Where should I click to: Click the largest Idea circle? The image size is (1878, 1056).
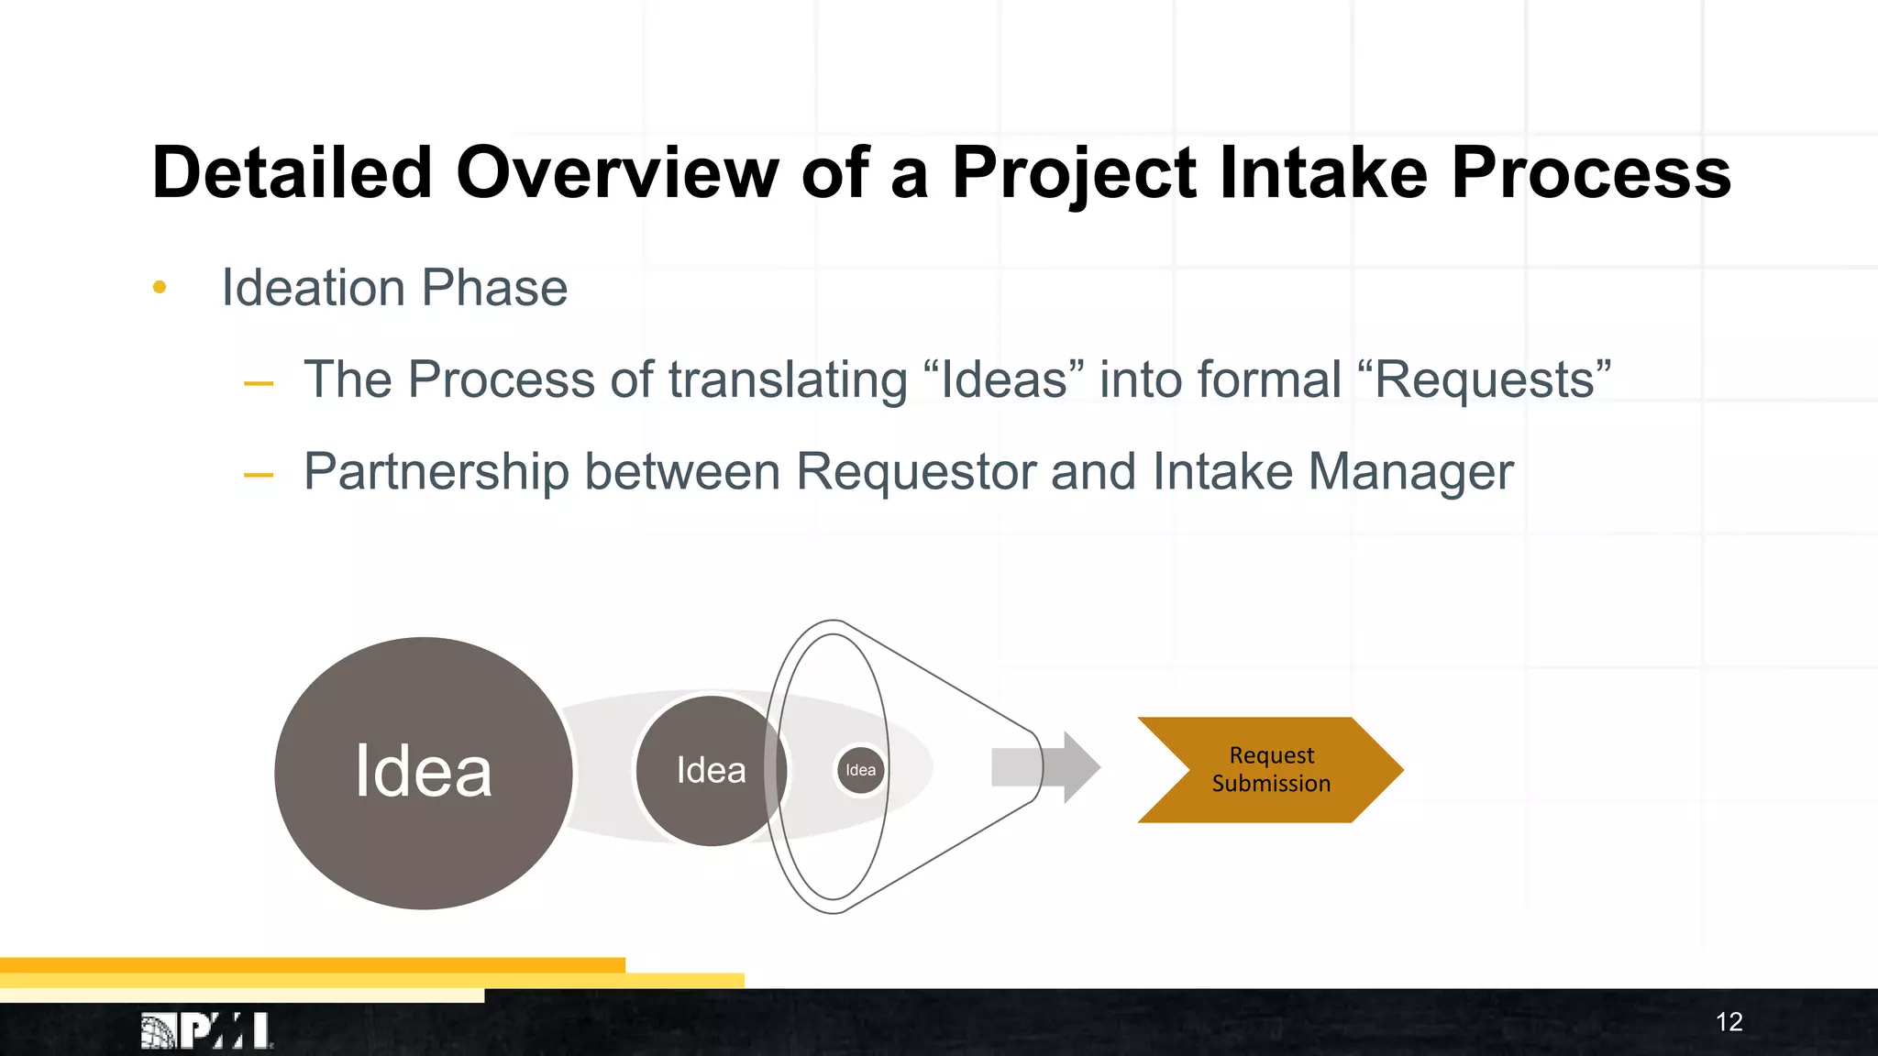click(423, 772)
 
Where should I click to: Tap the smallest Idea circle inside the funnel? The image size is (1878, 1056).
click(860, 770)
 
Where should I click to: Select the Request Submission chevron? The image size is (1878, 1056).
click(1270, 769)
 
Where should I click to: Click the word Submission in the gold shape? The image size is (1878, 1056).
click(1271, 784)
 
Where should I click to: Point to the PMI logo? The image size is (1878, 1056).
click(206, 1030)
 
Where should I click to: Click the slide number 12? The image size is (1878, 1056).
click(1729, 1021)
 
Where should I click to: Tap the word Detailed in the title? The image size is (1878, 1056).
click(292, 172)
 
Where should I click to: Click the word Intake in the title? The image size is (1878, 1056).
click(1323, 172)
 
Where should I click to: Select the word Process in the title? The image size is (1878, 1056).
click(1590, 172)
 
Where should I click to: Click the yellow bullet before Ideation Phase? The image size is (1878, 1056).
click(160, 288)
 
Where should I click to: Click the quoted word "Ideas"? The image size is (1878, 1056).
click(1004, 379)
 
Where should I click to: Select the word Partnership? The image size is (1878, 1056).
click(436, 472)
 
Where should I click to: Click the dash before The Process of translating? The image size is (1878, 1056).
click(259, 383)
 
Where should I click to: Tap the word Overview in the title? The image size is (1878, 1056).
click(616, 172)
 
